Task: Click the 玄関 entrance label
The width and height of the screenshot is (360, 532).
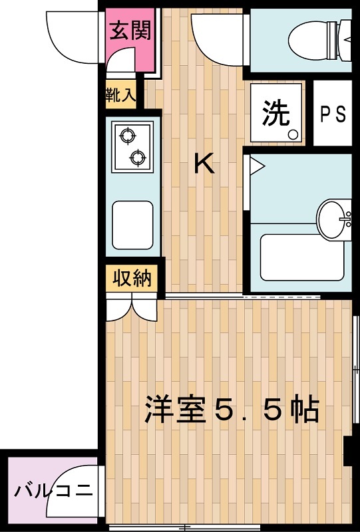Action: (x=130, y=31)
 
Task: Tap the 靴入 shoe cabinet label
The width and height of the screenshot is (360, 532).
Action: (x=120, y=94)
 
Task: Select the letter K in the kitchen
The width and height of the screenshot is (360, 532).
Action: (x=204, y=163)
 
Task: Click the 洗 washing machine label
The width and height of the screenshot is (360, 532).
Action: (x=276, y=113)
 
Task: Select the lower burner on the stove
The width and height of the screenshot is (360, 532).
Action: (x=138, y=158)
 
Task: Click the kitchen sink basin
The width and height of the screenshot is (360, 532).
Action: (x=132, y=225)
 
